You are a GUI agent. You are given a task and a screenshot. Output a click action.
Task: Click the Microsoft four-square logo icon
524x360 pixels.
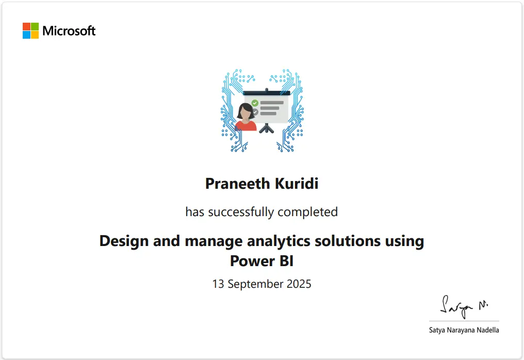pos(31,31)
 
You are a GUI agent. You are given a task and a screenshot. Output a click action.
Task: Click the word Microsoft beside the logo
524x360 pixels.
pos(69,31)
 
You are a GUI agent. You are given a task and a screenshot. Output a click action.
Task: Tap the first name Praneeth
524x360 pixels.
pos(238,184)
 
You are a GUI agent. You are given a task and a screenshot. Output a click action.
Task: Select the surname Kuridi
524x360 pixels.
pos(297,184)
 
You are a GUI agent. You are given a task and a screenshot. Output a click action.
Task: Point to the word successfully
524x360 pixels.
pos(241,212)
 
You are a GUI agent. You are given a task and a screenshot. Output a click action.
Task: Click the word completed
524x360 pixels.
pos(308,212)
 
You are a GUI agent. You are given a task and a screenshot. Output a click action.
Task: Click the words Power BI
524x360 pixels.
pos(261,261)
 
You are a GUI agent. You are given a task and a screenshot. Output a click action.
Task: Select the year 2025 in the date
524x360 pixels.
pos(299,284)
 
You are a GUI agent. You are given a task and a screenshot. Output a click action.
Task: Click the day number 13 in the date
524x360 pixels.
pos(218,284)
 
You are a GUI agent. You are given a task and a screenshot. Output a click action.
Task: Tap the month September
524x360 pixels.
pos(256,284)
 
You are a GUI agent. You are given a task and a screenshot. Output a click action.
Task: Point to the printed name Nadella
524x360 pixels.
pos(488,330)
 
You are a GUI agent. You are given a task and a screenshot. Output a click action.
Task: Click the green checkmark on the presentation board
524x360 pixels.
pos(255,103)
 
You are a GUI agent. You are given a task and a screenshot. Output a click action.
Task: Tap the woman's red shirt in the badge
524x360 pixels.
pos(245,126)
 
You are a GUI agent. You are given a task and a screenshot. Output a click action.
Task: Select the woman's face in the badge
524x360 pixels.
pos(245,112)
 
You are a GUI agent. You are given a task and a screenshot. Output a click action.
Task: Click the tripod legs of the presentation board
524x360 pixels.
pos(267,128)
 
